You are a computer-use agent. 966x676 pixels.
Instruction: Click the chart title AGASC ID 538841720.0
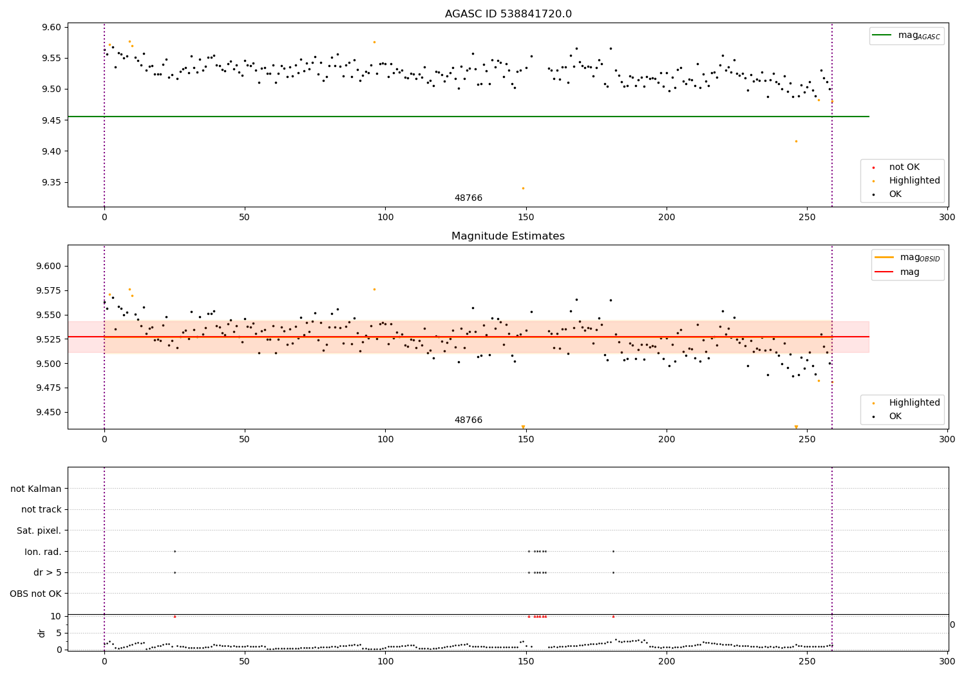point(508,14)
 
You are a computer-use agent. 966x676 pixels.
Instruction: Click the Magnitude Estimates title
point(508,236)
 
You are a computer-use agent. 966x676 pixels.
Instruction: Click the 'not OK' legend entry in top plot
point(904,167)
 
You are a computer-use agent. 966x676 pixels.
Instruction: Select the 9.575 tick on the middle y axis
point(49,290)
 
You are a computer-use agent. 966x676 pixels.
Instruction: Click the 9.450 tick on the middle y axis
point(49,413)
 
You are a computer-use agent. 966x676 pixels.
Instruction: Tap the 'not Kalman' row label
point(36,489)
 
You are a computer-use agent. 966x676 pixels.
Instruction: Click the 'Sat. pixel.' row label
point(39,530)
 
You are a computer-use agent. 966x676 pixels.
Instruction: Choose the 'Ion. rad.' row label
point(43,552)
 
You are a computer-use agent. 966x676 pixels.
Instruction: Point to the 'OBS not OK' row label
point(36,594)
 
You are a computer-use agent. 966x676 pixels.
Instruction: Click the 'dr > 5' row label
point(48,572)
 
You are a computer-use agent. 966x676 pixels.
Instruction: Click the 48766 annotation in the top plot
point(468,198)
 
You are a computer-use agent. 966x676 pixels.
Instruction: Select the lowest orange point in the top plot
point(523,188)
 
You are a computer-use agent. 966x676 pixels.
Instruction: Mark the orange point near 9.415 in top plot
point(796,141)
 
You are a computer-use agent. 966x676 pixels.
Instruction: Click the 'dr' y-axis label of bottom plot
point(42,633)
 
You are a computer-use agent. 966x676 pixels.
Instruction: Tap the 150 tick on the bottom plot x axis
point(526,659)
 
